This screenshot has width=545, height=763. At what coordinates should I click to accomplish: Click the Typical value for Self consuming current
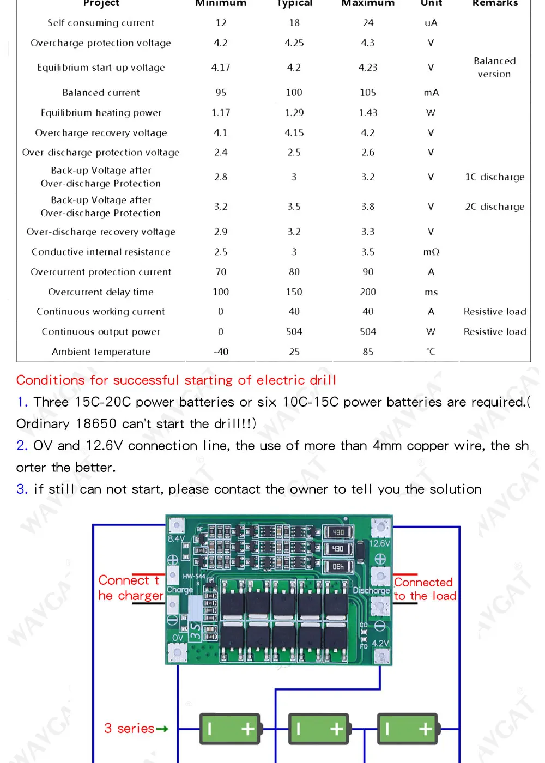click(294, 23)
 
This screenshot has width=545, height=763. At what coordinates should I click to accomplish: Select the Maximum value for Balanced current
click(368, 93)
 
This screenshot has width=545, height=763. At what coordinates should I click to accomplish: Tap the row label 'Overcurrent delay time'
click(101, 292)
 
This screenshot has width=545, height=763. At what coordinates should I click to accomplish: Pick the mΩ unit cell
click(431, 252)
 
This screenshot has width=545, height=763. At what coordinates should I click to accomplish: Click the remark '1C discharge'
click(495, 177)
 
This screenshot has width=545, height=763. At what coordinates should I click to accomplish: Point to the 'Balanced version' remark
click(495, 68)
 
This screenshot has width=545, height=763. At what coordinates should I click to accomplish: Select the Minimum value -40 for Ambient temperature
click(221, 352)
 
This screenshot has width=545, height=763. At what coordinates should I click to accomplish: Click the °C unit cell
click(431, 352)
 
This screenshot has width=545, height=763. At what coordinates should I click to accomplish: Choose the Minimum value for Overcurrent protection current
click(221, 272)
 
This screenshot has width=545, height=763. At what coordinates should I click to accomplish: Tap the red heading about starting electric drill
click(176, 380)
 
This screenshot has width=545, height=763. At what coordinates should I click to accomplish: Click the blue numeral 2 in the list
click(22, 446)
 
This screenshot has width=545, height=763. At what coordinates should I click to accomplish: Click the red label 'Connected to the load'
click(425, 589)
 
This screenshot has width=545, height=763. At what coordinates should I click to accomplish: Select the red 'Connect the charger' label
click(131, 588)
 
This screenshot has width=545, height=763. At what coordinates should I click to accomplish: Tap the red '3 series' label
click(129, 729)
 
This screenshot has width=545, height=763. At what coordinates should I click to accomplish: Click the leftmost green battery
click(229, 729)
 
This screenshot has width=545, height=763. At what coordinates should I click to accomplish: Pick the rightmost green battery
click(408, 729)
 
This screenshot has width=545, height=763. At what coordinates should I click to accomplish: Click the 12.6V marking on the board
click(380, 543)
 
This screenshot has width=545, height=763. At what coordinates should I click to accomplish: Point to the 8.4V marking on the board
click(176, 538)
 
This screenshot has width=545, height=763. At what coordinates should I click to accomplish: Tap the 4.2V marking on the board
click(380, 644)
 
